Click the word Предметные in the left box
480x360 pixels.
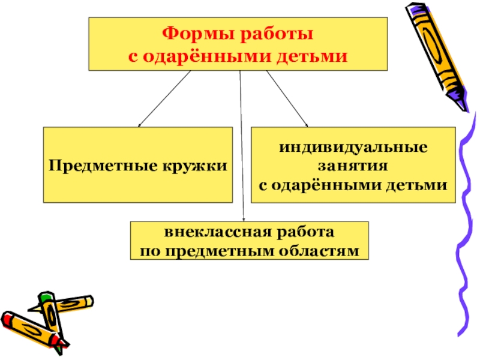pos(98,164)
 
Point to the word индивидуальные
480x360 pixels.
pos(352,147)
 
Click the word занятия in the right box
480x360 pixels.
pos(352,164)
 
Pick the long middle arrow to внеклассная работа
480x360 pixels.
pos(242,150)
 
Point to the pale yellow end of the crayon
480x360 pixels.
pos(88,299)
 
